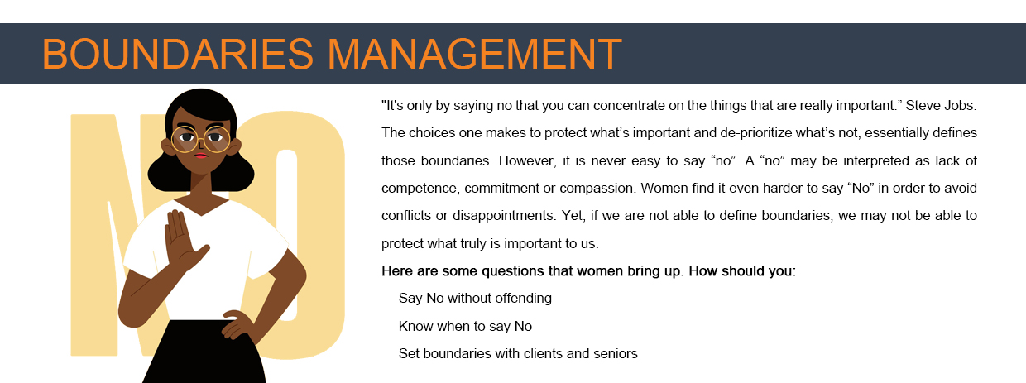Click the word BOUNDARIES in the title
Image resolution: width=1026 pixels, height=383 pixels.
tap(178, 54)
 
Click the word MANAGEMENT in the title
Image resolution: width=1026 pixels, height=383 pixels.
tap(474, 54)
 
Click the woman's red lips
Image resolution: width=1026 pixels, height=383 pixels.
tap(200, 156)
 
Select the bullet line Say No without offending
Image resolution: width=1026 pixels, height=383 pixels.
tap(475, 299)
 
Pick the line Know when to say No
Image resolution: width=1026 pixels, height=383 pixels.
tap(465, 326)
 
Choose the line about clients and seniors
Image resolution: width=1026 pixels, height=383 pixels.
tap(518, 354)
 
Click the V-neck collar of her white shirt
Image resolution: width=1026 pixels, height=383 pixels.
tap(200, 207)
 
